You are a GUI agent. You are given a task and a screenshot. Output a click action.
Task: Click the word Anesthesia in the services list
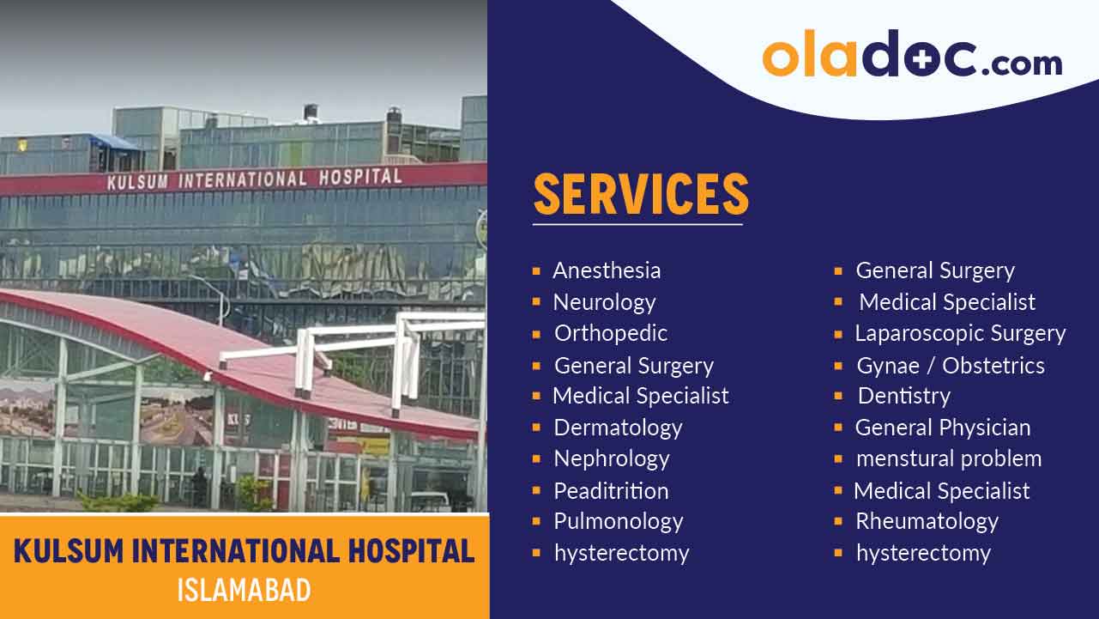607,270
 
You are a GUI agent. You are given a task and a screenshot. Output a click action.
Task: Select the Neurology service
604,302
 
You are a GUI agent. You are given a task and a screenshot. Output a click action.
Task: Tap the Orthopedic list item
610,333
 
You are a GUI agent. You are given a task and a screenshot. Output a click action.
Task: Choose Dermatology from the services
618,428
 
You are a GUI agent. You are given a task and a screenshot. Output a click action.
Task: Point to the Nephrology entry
611,458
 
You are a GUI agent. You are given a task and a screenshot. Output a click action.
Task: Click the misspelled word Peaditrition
611,491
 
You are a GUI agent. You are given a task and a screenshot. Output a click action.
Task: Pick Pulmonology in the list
618,521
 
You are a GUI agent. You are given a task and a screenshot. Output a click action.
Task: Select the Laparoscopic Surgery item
960,333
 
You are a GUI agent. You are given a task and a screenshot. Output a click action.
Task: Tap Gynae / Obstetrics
950,366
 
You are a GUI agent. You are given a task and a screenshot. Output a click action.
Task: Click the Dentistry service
903,396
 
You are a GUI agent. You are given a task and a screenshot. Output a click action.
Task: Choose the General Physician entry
943,428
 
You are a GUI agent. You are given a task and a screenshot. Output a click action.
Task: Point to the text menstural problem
948,458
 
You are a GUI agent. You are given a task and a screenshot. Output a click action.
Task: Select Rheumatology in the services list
927,521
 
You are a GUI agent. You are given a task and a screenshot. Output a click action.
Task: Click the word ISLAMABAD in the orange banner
244,591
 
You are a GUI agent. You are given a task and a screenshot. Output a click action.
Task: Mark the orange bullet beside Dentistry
838,397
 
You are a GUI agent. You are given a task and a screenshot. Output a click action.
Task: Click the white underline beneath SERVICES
637,225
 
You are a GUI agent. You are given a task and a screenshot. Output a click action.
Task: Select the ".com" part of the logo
1021,62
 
